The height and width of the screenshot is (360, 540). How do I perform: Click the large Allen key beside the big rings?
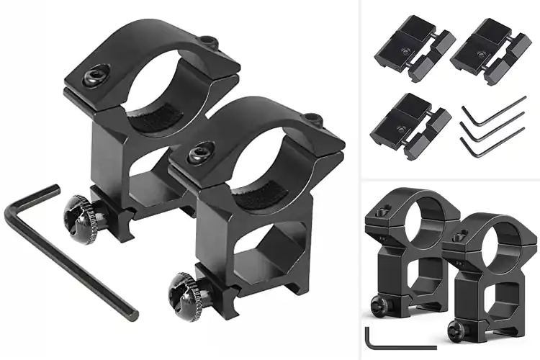click(x=72, y=252)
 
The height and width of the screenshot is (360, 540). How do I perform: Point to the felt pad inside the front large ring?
click(x=256, y=194)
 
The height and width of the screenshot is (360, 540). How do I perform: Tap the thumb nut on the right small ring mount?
click(x=454, y=330)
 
